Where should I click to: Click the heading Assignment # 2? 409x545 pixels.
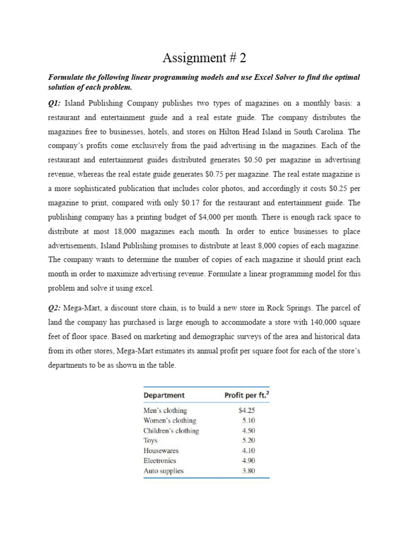[x=204, y=57]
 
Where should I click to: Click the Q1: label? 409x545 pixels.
[x=56, y=103]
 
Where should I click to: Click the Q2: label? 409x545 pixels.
[x=56, y=308]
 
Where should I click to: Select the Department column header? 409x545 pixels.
[x=164, y=395]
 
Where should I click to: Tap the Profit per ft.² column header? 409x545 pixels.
[x=244, y=395]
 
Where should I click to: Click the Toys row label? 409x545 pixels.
[x=151, y=441]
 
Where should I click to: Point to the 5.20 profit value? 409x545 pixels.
[x=248, y=441]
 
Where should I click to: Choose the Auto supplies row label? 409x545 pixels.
[x=163, y=471]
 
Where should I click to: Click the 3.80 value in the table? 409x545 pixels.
[x=248, y=471]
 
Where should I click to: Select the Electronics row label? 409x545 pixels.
[x=160, y=461]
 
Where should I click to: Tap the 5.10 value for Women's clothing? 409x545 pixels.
[x=248, y=420]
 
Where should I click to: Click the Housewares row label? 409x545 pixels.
[x=161, y=451]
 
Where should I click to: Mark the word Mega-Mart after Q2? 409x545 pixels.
[x=87, y=308]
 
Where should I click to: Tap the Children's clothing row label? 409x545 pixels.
[x=171, y=431]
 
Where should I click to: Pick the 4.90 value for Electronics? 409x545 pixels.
[x=248, y=461]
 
